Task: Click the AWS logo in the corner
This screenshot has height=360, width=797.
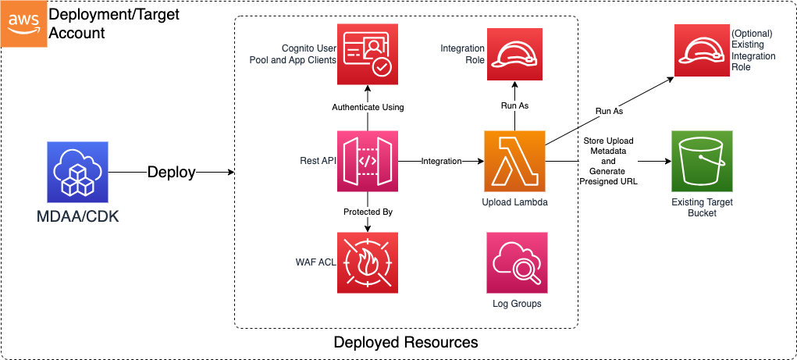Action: [23, 23]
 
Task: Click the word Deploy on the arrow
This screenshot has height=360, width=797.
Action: [171, 173]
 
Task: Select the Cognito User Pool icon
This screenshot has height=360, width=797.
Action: [367, 54]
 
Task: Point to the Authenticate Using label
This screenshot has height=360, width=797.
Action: [368, 107]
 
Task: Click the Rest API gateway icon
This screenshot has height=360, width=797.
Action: [367, 161]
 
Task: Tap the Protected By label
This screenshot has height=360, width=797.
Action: [367, 212]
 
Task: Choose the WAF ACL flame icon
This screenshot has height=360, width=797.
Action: [367, 262]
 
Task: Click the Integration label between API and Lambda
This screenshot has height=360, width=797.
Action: [441, 161]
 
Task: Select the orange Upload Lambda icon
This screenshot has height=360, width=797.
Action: [514, 161]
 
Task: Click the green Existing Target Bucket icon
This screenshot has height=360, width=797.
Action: [701, 161]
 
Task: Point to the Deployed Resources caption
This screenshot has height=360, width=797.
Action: [405, 343]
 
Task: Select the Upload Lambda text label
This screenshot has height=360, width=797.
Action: [514, 202]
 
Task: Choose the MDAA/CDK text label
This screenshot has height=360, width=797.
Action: [78, 215]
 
